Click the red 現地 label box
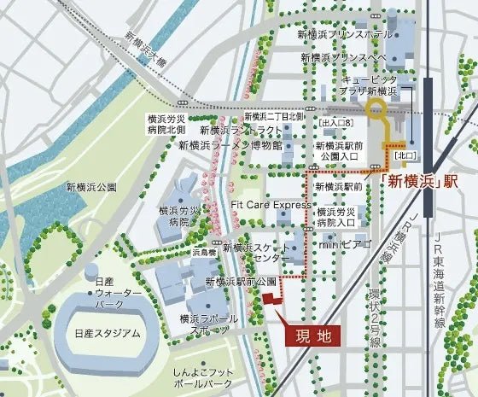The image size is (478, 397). (x=312, y=336)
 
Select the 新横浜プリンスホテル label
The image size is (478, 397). (x=345, y=35)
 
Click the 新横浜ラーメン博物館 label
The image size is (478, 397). (x=231, y=145)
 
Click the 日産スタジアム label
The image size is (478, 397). (x=108, y=334)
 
